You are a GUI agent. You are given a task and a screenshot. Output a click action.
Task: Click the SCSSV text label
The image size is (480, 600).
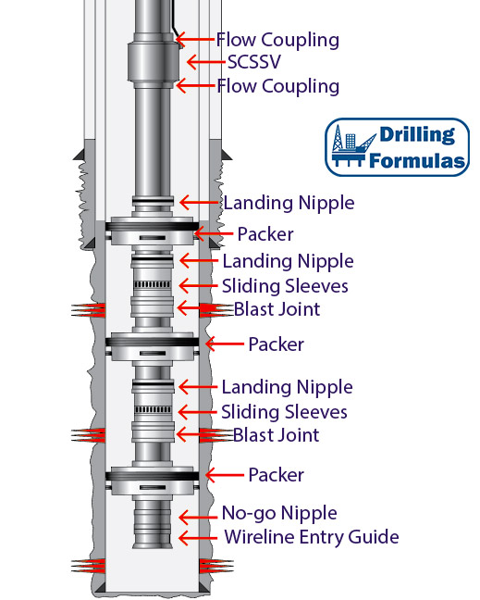click(254, 62)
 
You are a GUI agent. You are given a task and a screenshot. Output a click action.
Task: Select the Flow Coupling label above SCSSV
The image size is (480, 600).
click(277, 41)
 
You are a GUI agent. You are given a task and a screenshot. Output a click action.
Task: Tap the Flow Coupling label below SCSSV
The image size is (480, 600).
click(277, 86)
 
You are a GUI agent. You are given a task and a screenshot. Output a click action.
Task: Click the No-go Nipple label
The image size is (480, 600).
click(279, 514)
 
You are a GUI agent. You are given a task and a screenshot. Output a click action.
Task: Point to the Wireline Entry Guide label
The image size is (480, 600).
click(312, 537)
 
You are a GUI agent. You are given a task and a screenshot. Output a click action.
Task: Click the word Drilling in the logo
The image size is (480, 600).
click(417, 135)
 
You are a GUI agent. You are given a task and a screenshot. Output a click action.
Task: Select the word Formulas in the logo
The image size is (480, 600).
click(417, 160)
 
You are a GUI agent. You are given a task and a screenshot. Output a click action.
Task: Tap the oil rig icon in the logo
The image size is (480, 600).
click(353, 146)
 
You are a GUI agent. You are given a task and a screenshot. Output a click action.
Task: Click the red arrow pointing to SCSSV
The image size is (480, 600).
click(205, 62)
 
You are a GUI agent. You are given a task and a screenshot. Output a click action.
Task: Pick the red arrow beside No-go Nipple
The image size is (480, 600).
click(198, 518)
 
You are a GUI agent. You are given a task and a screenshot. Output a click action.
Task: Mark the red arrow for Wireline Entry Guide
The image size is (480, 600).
click(198, 538)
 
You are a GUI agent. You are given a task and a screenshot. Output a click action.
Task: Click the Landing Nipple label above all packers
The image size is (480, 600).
click(289, 203)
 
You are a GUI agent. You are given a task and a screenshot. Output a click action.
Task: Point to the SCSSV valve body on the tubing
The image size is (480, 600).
click(154, 61)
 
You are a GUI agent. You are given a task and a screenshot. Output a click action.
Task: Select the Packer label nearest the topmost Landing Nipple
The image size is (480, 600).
click(265, 234)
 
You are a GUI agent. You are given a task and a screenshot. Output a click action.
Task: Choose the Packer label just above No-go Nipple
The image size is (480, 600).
click(277, 475)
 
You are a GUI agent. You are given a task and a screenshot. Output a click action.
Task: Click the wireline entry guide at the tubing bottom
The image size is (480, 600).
click(152, 538)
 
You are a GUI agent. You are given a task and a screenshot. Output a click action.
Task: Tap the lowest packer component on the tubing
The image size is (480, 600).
click(152, 481)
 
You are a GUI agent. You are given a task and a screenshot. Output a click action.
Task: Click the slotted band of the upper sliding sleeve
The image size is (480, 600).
click(153, 284)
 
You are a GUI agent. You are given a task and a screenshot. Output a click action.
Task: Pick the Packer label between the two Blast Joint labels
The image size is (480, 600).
click(277, 344)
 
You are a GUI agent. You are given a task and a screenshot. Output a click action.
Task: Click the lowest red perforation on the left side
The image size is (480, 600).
click(88, 566)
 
